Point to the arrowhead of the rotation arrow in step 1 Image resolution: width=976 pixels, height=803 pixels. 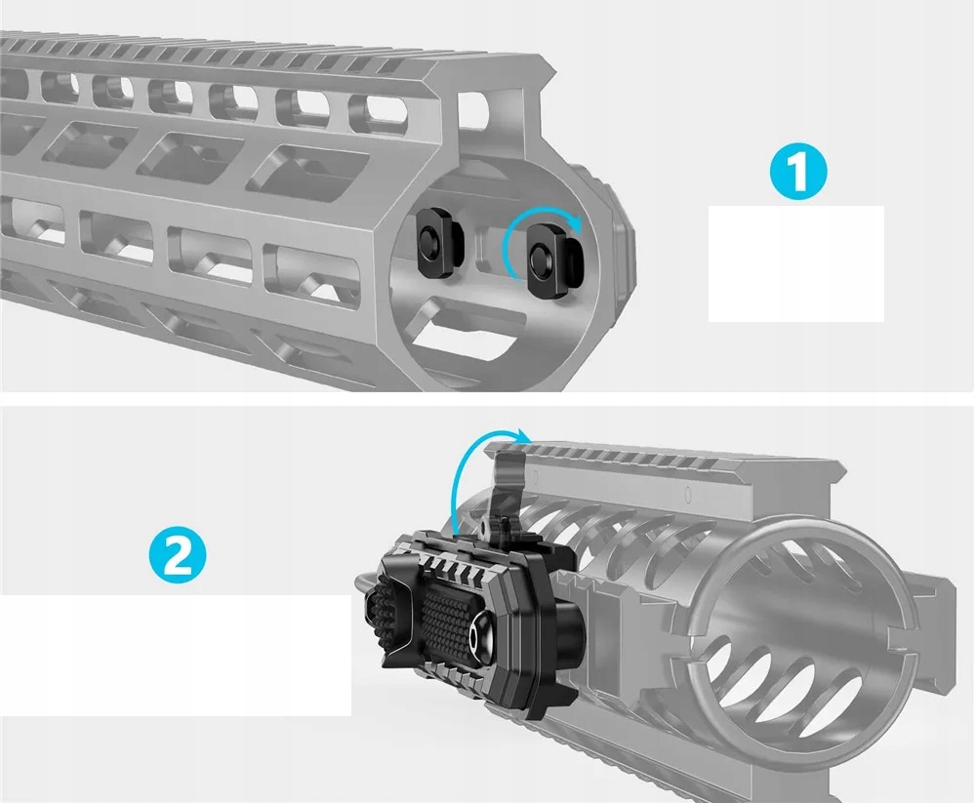pyautogui.click(x=576, y=224)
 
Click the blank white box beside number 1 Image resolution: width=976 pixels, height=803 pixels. pyautogui.click(x=795, y=263)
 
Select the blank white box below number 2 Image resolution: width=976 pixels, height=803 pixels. pyautogui.click(x=176, y=656)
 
